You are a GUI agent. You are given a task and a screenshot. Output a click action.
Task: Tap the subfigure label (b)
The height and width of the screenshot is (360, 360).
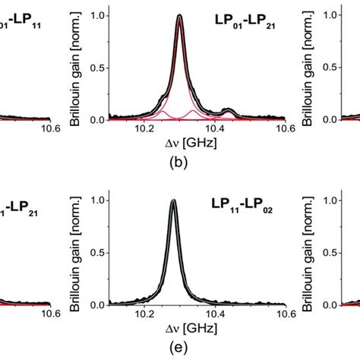179,158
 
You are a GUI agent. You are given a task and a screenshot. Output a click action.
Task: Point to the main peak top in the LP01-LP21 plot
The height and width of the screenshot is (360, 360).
179,16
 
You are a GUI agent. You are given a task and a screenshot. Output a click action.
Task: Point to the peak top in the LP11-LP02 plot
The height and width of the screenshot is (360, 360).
173,201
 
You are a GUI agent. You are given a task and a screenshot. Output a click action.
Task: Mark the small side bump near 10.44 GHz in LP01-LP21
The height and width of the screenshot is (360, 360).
228,112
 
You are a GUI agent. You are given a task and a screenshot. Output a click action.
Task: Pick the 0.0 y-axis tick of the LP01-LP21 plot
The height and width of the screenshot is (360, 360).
99,119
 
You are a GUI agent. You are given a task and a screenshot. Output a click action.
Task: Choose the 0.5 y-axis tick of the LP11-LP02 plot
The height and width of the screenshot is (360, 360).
99,252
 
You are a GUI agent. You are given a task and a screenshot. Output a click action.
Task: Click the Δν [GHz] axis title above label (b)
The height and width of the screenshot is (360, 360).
179,143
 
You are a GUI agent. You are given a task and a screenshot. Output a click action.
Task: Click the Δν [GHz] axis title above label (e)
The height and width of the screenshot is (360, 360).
179,328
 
